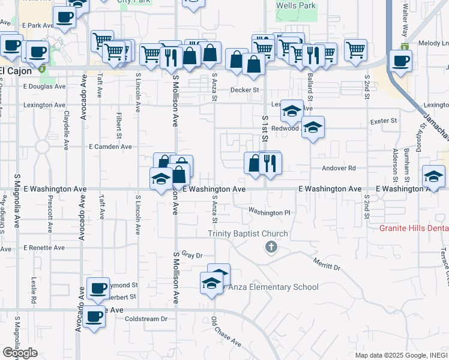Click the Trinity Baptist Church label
pyautogui.click(x=248, y=233)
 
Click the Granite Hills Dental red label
pyautogui.click(x=414, y=229)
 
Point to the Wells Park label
pyautogui.click(x=295, y=5)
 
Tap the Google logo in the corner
pyautogui.click(x=20, y=353)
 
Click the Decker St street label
pyautogui.click(x=246, y=90)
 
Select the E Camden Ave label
pyautogui.click(x=110, y=146)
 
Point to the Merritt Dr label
pyautogui.click(x=327, y=263)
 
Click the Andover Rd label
pyautogui.click(x=339, y=169)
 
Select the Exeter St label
pyautogui.click(x=384, y=121)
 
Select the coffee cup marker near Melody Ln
pyautogui.click(x=400, y=60)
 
